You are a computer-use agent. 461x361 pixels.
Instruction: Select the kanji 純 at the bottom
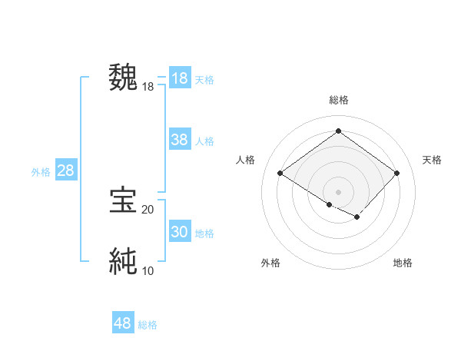[x=123, y=261]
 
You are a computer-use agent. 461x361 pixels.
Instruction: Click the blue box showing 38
[x=180, y=140]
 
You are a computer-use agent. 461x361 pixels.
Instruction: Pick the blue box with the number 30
[x=180, y=232]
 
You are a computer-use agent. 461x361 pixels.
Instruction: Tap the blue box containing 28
[x=65, y=171]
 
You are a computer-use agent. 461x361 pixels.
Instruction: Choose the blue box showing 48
[x=123, y=323]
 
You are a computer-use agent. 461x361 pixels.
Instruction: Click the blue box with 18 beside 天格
[x=180, y=78]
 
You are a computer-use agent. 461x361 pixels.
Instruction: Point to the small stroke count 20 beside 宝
[x=148, y=210]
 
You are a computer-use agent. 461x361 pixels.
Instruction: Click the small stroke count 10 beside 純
[x=148, y=271]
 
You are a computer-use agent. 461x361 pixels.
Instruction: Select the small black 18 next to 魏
[x=148, y=87]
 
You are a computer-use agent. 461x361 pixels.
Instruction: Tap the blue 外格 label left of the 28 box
[x=41, y=172]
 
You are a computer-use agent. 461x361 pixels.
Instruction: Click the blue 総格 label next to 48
[x=148, y=325]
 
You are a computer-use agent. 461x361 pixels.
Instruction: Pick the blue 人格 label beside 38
[x=204, y=141]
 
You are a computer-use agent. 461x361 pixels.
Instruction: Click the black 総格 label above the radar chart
[x=338, y=100]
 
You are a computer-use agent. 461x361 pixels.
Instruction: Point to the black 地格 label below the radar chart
[x=403, y=263]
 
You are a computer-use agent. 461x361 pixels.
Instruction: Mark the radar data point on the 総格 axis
[x=338, y=131]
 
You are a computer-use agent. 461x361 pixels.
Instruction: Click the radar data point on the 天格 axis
[x=396, y=173]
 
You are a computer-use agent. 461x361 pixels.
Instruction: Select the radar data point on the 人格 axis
[x=280, y=173]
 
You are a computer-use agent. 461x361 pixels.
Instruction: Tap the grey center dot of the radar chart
[x=338, y=191]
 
